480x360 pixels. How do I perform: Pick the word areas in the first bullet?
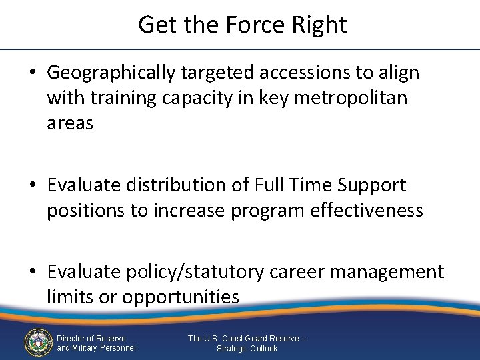[70, 123]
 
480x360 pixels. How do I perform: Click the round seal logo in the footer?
[38, 343]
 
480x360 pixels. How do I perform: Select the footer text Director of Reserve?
[91, 338]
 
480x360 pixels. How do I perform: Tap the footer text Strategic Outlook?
[247, 348]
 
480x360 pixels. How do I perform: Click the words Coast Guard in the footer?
[243, 338]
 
